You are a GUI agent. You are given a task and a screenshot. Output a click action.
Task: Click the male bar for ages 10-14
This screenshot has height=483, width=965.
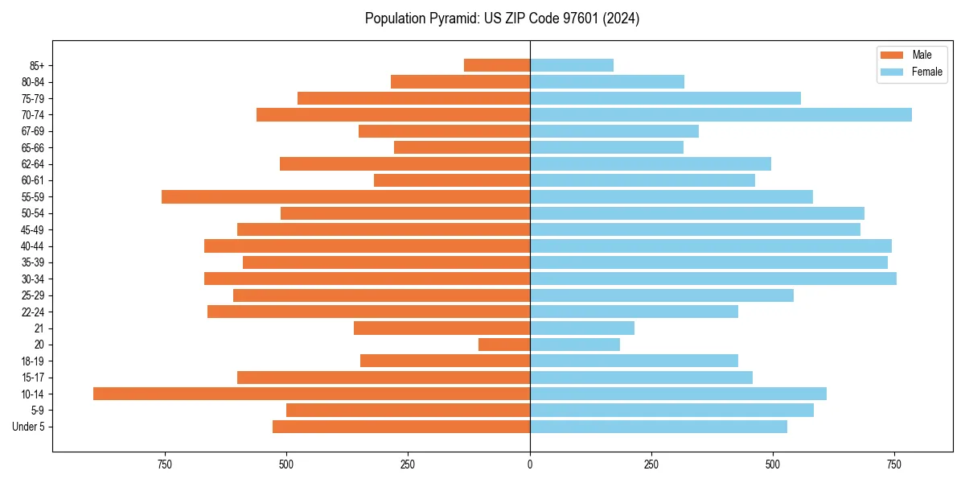pos(311,394)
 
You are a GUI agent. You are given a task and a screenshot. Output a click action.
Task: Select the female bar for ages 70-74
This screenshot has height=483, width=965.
pos(721,115)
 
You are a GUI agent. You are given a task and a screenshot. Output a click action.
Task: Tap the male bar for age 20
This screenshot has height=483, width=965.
pos(504,345)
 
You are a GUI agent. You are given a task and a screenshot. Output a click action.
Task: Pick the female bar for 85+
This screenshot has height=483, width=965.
pos(571,65)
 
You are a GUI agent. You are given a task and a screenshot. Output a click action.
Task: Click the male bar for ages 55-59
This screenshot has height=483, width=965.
pos(346,197)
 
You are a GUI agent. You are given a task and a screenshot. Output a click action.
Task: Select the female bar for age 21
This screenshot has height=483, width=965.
pos(581,328)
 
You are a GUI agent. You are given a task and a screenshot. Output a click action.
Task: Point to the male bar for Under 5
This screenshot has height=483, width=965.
pos(400,427)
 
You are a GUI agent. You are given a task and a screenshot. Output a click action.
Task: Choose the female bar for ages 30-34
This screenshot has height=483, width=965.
pos(712,279)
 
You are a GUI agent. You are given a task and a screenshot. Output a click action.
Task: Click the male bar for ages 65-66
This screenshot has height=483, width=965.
pos(462,147)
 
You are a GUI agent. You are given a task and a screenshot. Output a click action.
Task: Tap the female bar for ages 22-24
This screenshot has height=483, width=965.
pos(634,312)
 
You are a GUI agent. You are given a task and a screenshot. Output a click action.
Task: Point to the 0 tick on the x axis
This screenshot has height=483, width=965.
pos(530,464)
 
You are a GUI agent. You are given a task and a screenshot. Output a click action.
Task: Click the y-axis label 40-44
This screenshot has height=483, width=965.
pos(33,246)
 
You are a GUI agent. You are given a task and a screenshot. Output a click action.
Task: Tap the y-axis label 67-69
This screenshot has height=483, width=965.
pos(33,131)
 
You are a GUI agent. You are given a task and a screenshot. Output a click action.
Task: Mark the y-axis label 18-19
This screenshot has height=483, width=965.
pos(33,361)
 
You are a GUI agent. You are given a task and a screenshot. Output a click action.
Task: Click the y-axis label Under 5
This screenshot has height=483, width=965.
pos(29,427)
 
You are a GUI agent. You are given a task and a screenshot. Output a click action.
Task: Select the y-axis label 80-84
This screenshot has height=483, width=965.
pos(33,82)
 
